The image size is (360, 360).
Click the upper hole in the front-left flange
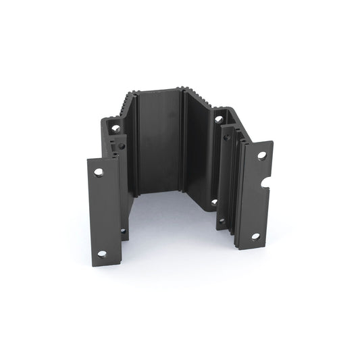point(99,173)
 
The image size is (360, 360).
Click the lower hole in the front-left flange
point(101,254)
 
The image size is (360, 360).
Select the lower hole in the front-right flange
point(255,236)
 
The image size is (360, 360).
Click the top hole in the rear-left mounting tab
point(115,128)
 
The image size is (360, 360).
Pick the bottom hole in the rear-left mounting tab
point(123,231)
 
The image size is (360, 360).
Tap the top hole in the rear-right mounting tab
point(218,120)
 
